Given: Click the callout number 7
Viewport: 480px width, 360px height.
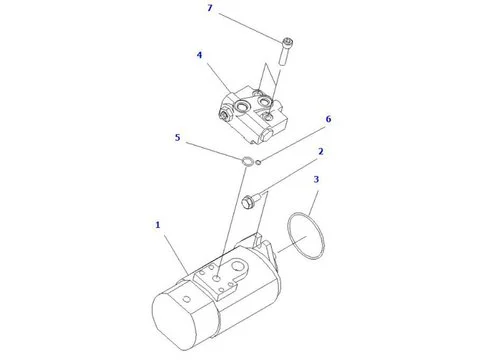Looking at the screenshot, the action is pos(210,8).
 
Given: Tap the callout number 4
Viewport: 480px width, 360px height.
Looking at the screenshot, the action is pos(199,55).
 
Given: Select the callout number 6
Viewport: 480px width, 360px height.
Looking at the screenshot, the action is pos(328,119).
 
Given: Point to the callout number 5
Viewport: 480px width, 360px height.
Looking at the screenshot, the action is pos(177,137).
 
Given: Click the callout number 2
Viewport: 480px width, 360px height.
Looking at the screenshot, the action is pos(321,151).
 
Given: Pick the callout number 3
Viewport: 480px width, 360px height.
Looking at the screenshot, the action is pos(316,180).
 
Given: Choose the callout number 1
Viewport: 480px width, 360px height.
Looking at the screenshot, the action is pos(158,225).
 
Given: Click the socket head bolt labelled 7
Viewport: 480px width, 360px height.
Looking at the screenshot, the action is pos(286,52).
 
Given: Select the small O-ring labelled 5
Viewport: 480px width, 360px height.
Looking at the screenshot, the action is pos(246,159).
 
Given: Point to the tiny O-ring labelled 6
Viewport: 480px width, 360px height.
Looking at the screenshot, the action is pos(259,162).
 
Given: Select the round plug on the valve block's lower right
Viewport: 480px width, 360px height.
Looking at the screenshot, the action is pos(267,135).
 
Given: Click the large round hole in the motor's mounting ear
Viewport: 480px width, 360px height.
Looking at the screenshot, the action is pos(239,266).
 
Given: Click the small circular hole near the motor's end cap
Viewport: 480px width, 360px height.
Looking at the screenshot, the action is pos(187,299).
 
